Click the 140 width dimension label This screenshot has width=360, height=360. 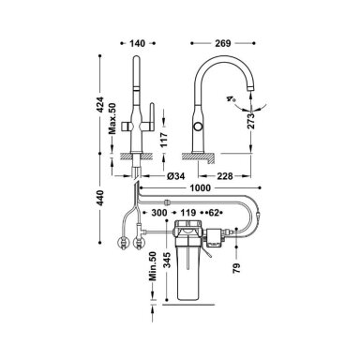pos(138,43)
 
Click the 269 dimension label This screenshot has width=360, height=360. pos(223,43)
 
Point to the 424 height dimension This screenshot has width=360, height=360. pos(99,104)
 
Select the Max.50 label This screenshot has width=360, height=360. pos(112,119)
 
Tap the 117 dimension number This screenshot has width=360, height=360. pos(164,140)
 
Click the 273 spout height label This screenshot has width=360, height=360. pos(250,120)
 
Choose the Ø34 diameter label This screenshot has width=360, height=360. pos(175,176)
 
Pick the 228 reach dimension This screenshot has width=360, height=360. pos(225,176)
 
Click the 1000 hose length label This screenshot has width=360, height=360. pos(200,187)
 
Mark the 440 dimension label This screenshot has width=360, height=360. pos(99,198)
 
